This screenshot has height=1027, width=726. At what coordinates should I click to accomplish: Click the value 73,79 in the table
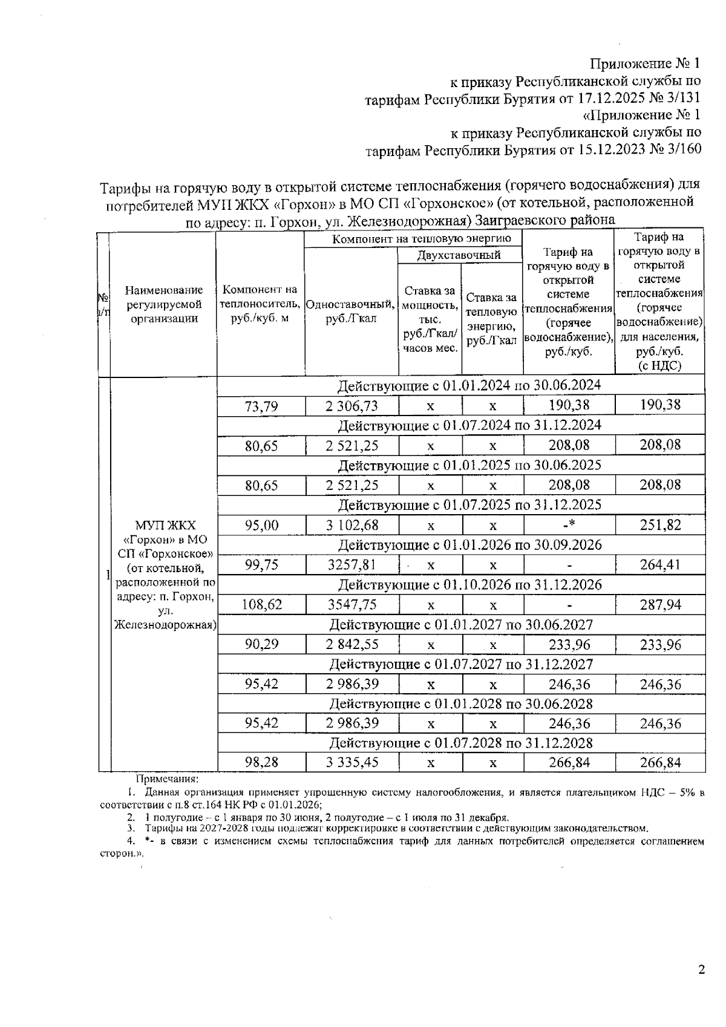pos(261,406)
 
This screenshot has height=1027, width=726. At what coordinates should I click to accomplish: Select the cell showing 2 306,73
pos(352,406)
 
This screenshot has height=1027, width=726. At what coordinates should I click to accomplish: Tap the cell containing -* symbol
pos(568,525)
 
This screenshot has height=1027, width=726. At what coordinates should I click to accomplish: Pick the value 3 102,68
pos(352,525)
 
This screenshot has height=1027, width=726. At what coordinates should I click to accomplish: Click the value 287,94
pos(660,604)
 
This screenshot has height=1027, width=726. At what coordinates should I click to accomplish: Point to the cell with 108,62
pos(261,604)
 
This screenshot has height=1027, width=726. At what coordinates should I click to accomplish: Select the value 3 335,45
pos(352,763)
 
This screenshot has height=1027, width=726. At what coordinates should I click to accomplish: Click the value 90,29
pos(261,645)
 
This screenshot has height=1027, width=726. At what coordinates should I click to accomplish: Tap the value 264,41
pos(660,565)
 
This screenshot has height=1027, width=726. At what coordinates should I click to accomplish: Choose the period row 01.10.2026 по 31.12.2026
pos(469,585)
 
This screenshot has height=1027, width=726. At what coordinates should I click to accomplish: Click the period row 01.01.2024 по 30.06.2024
pos(469,386)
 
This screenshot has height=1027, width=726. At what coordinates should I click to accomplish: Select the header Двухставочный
pos(460,255)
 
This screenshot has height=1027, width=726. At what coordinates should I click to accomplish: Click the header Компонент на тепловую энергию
pos(422,239)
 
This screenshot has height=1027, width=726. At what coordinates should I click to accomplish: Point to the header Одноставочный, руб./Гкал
pos(351,311)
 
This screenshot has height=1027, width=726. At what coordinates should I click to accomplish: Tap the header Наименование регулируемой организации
pos(164,305)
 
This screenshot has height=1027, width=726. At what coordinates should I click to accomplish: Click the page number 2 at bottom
pos(701,970)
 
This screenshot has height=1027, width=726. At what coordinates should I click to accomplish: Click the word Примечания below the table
pos(167,780)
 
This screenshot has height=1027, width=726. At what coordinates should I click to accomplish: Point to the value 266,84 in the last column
pos(660,763)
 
